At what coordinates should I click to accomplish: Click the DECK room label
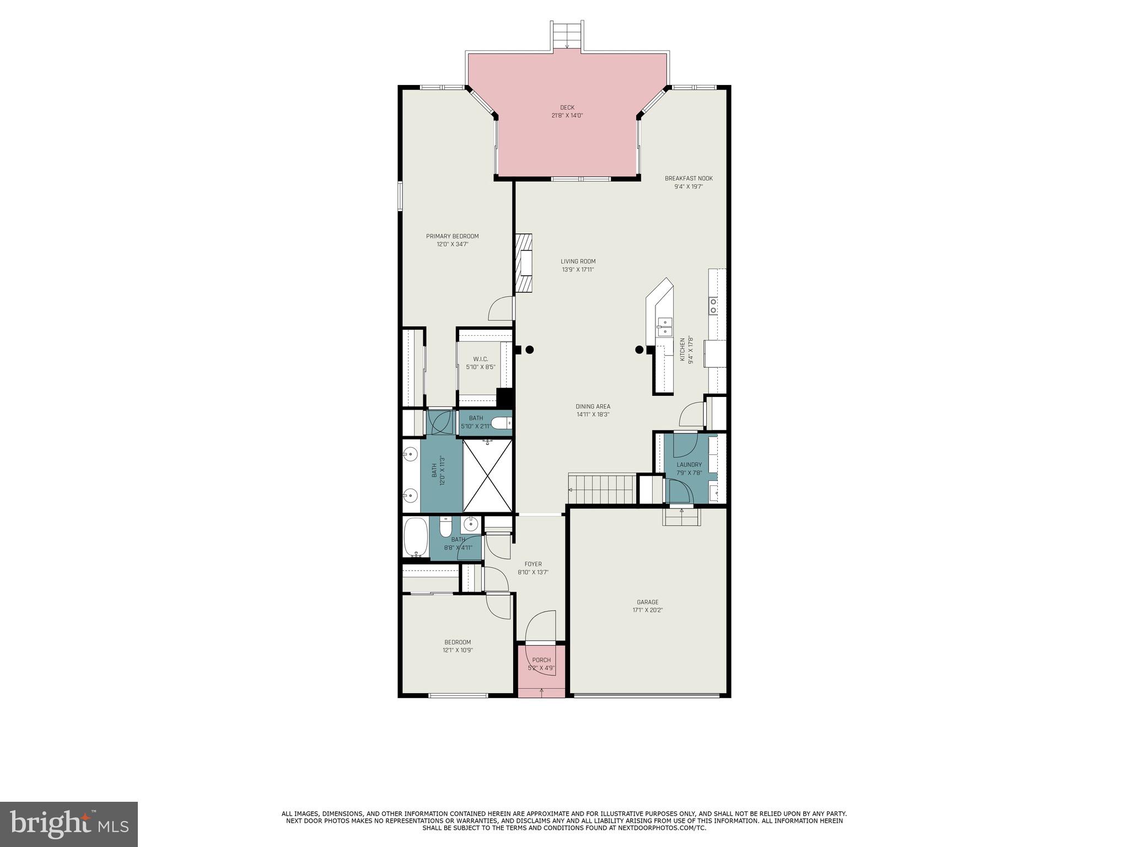click(x=567, y=108)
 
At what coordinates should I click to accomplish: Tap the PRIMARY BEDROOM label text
click(x=452, y=237)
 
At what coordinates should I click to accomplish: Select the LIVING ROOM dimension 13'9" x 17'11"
click(x=578, y=270)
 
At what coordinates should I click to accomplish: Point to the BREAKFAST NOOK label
click(x=689, y=179)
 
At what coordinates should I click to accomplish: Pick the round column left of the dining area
click(x=529, y=349)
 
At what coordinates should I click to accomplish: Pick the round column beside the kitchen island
click(x=639, y=349)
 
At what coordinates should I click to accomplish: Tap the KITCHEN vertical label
click(x=682, y=350)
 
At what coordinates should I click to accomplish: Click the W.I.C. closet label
click(x=480, y=359)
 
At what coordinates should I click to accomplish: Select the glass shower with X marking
click(x=487, y=475)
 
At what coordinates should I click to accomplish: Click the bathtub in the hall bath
click(x=415, y=537)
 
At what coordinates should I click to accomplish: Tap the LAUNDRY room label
click(x=689, y=465)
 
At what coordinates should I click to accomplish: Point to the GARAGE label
click(x=647, y=602)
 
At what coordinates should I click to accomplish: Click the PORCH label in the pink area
click(x=541, y=660)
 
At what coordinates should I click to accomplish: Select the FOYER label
click(x=533, y=564)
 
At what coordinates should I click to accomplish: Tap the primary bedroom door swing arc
click(x=501, y=309)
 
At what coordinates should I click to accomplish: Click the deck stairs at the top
click(x=567, y=35)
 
